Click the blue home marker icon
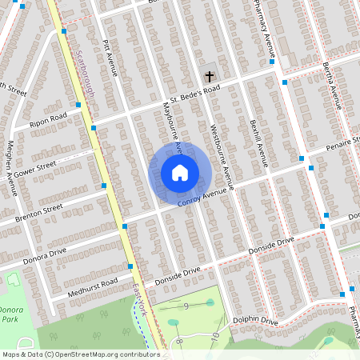point(180,173)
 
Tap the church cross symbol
point(210,77)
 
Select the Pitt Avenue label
point(110,58)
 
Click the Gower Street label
point(36,167)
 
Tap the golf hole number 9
point(186,306)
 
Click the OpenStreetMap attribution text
point(80,354)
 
